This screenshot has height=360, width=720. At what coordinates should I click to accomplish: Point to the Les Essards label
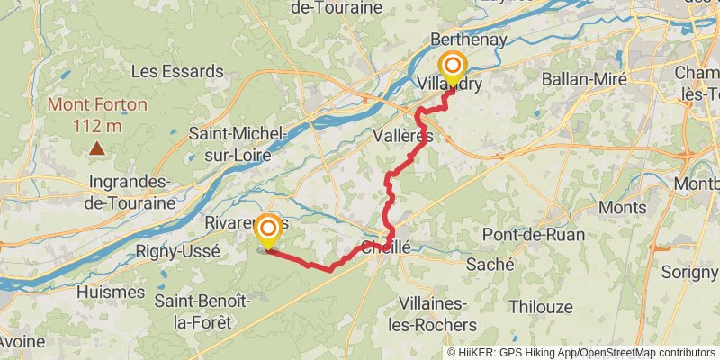point(177,70)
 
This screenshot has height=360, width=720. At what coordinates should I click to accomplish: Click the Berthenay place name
point(469,40)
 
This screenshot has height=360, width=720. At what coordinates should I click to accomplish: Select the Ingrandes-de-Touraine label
point(132,192)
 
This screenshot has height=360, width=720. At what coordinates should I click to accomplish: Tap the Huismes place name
point(111,292)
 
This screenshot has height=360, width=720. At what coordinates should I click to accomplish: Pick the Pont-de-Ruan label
point(534,234)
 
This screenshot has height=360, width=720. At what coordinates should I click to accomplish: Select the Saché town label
point(490,265)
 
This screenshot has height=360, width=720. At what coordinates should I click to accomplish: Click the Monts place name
point(623,207)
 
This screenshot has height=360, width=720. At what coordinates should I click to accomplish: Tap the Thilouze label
point(540,306)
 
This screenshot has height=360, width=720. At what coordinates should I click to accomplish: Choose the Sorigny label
point(689,270)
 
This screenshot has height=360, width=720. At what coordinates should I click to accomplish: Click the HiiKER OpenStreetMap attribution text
point(580,353)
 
